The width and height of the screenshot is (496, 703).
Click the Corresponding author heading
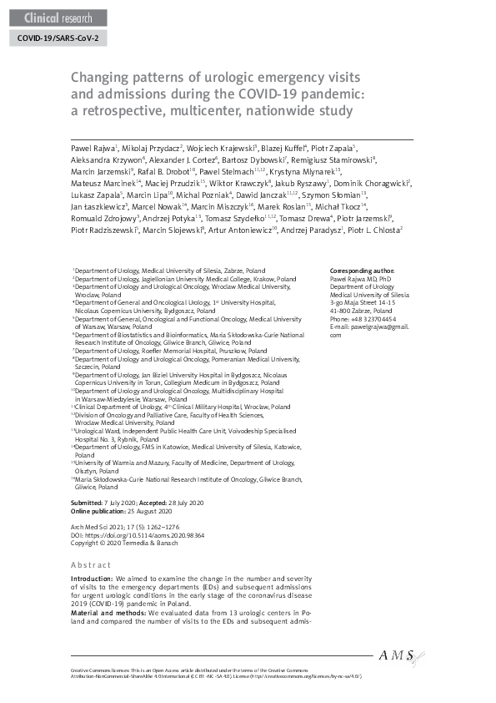pyautogui.click(x=363, y=271)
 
